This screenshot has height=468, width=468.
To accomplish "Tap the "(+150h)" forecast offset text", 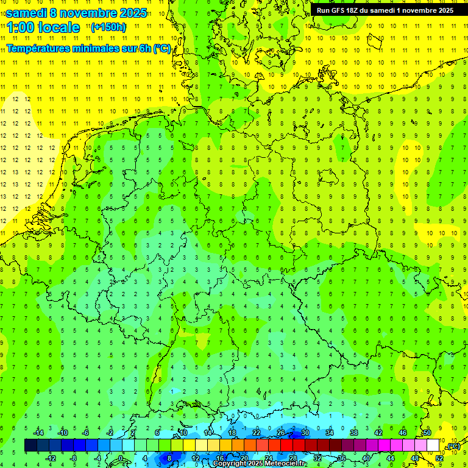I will [x=108, y=27].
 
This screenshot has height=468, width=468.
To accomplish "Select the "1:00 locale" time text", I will [x=43, y=27].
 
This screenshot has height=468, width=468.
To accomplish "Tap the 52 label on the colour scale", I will [x=439, y=458].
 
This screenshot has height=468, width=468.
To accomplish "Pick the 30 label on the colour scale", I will [x=305, y=433].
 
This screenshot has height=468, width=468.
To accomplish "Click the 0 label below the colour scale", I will [x=121, y=458].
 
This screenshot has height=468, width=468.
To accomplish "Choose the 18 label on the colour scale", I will [x=232, y=433].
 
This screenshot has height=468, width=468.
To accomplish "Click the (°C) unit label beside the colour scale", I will [x=453, y=447].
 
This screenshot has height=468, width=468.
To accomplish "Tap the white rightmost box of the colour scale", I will [x=433, y=445].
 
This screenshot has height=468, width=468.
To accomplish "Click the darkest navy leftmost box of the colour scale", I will [x=30, y=445].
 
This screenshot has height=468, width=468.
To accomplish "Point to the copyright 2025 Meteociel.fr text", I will [x=260, y=464].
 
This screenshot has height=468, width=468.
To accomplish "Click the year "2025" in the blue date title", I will [x=133, y=13].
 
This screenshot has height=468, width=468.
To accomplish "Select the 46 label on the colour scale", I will [x=402, y=433].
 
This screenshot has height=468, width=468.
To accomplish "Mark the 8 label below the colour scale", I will [x=169, y=458].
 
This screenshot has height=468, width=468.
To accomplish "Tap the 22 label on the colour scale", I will [x=256, y=433].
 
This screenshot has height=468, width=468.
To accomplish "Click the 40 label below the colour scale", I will [x=366, y=458].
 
